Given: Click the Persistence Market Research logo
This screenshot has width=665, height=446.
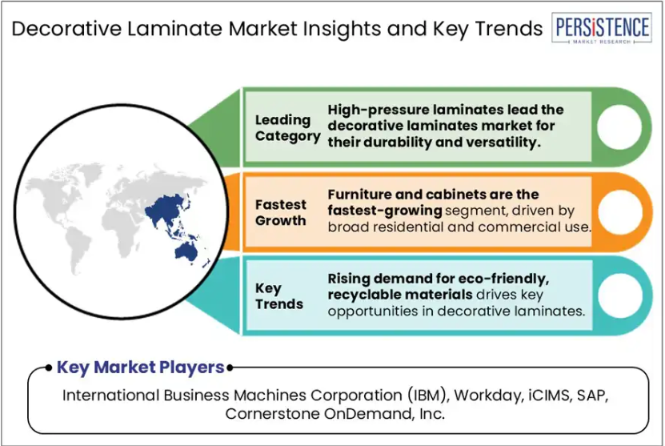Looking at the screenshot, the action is pos(602,28).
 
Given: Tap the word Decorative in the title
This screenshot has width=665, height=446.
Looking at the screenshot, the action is pos(66,29).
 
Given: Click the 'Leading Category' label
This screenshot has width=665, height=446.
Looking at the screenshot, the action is pos(287,128).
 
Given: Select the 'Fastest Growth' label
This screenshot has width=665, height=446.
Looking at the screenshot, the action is pos(280,213).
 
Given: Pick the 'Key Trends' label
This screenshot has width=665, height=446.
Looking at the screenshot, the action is pos(279,295).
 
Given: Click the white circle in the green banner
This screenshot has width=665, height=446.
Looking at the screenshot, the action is pos(619,127).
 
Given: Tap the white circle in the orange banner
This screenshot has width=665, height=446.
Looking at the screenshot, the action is pos(620,212).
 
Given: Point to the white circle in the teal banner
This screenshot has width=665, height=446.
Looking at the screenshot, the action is pos(620,295).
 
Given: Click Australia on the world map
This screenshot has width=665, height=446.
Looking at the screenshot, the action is pos(186,251).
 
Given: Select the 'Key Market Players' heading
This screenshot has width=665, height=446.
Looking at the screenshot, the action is pos(140,367).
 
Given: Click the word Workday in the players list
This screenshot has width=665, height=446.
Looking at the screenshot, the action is pos(487,396).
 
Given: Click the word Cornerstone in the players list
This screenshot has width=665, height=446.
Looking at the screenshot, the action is pos(272,413).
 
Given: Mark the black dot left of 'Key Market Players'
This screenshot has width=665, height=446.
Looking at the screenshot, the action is pos(49,368).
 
